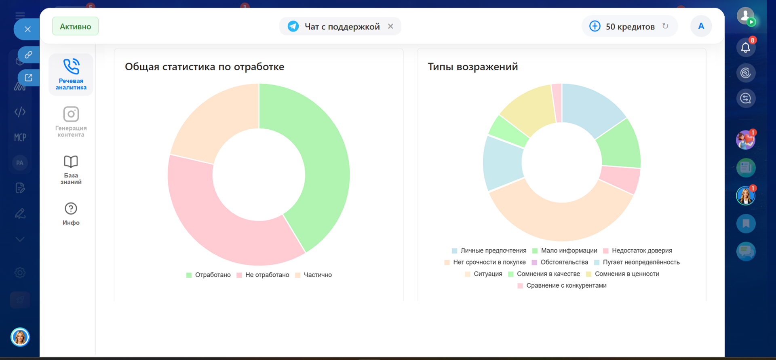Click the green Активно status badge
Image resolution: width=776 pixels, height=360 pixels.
point(75,26)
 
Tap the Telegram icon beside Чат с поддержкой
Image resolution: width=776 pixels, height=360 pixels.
point(293,26)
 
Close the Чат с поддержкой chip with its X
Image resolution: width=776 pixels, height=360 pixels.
point(390,26)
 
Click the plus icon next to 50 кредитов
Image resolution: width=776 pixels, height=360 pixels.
point(595,26)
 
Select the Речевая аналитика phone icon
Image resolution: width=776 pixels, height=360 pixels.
point(71,67)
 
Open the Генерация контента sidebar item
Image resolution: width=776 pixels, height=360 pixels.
point(71,121)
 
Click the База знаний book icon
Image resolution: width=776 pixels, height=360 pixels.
point(71,162)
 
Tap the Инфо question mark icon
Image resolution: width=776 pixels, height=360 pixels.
point(71,208)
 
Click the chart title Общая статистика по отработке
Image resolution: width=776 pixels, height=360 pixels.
point(205,67)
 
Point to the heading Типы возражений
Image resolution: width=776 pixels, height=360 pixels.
point(472,67)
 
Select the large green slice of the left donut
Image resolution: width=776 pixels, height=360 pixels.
point(319,162)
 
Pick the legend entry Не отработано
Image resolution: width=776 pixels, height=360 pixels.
point(267,275)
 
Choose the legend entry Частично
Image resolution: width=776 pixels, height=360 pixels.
point(317,275)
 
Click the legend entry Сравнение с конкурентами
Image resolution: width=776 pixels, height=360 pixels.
point(566,286)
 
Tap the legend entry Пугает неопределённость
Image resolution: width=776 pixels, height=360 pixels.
point(641,262)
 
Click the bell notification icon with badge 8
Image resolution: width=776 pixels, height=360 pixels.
point(746,48)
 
